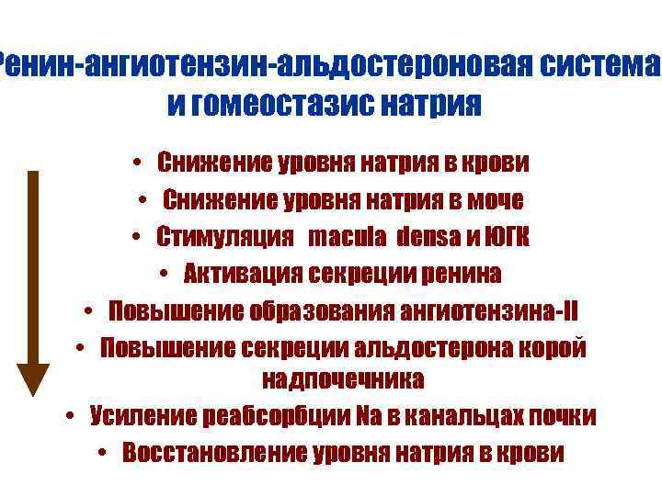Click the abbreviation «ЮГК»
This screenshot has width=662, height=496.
click(x=506, y=238)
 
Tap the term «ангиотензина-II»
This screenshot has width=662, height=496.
click(x=488, y=310)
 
